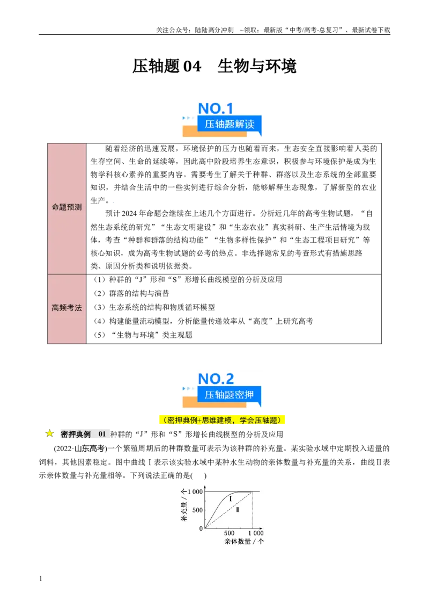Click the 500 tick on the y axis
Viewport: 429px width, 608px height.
[x=197, y=510]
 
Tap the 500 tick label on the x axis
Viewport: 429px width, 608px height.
[x=229, y=533]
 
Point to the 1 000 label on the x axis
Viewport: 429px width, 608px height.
[x=256, y=533]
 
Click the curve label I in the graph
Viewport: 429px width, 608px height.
[x=231, y=498]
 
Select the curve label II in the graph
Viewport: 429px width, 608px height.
[x=238, y=510]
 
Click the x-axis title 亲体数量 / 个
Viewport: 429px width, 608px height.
[x=244, y=541]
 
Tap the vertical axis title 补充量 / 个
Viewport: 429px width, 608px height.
[x=184, y=505]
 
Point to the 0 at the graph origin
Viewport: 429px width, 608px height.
[x=201, y=528]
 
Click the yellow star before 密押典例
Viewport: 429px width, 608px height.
[x=49, y=433]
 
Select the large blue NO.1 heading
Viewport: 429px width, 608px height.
[x=215, y=108]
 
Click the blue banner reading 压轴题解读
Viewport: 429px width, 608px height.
[x=229, y=124]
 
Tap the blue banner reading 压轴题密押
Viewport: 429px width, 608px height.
[x=229, y=395]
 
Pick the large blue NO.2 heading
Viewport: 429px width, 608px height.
[x=216, y=379]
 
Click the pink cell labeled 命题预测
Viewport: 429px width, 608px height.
[x=67, y=208]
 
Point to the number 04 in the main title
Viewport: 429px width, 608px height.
[x=192, y=66]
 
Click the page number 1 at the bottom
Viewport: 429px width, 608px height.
[x=41, y=578]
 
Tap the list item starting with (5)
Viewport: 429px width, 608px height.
[x=143, y=335]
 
